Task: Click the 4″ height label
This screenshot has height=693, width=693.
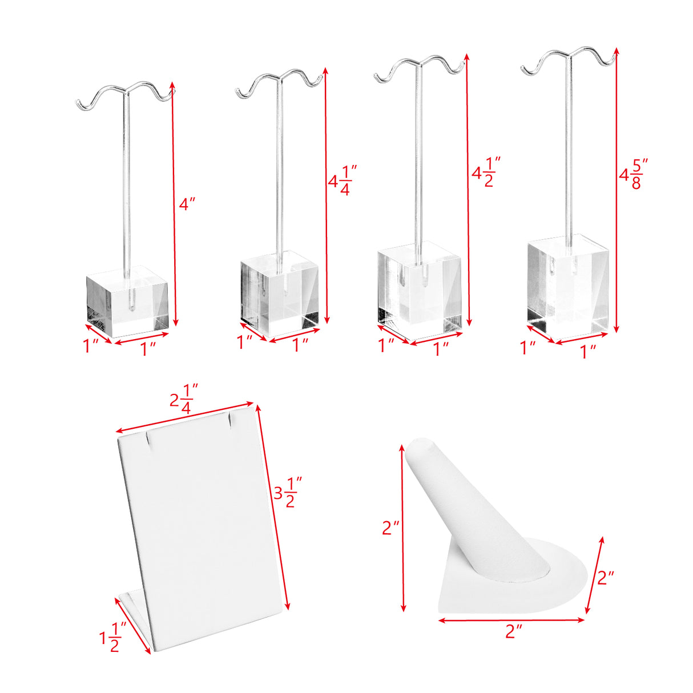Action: pyautogui.click(x=187, y=204)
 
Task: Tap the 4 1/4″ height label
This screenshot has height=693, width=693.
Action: pyautogui.click(x=343, y=180)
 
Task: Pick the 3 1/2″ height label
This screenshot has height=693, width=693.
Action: pyautogui.click(x=288, y=492)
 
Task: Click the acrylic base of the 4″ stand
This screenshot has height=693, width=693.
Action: pyautogui.click(x=127, y=301)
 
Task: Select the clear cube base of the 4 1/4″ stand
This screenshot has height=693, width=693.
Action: pyautogui.click(x=280, y=293)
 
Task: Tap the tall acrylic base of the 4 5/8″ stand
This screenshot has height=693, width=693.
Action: pyautogui.click(x=568, y=288)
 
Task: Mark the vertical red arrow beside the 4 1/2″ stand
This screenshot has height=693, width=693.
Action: pyautogui.click(x=468, y=190)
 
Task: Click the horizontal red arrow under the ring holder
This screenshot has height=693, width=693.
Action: pyautogui.click(x=511, y=620)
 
